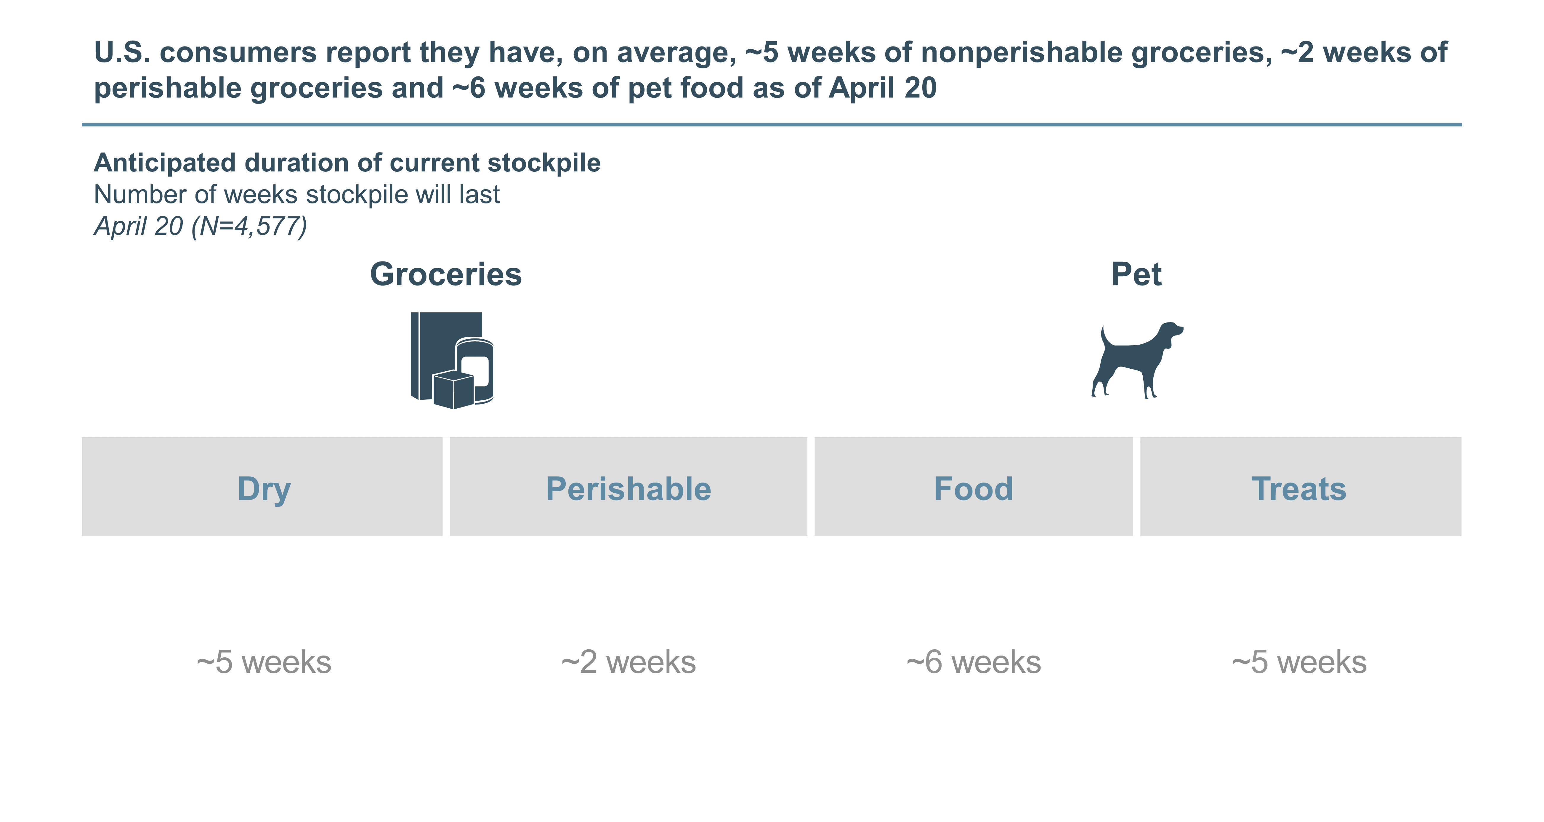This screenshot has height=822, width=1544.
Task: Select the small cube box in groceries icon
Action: (x=453, y=389)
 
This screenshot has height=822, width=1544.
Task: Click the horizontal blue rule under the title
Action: (x=772, y=125)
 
